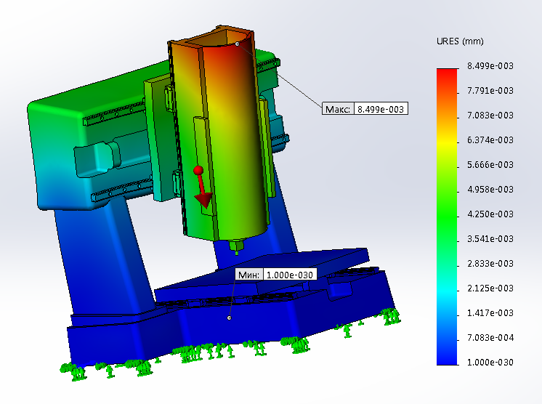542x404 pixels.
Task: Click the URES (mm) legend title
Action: point(460,41)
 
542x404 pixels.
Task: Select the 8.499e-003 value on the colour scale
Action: point(490,66)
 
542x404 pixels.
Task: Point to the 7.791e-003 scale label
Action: point(490,91)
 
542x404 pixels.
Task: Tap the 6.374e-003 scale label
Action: point(490,140)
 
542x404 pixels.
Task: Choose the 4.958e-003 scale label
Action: point(490,190)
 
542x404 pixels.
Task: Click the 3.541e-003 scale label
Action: point(490,239)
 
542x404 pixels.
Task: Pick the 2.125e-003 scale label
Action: point(490,288)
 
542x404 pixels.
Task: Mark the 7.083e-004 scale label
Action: point(490,338)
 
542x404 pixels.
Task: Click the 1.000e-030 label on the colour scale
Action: point(490,363)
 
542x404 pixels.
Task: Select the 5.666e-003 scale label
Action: point(490,165)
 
